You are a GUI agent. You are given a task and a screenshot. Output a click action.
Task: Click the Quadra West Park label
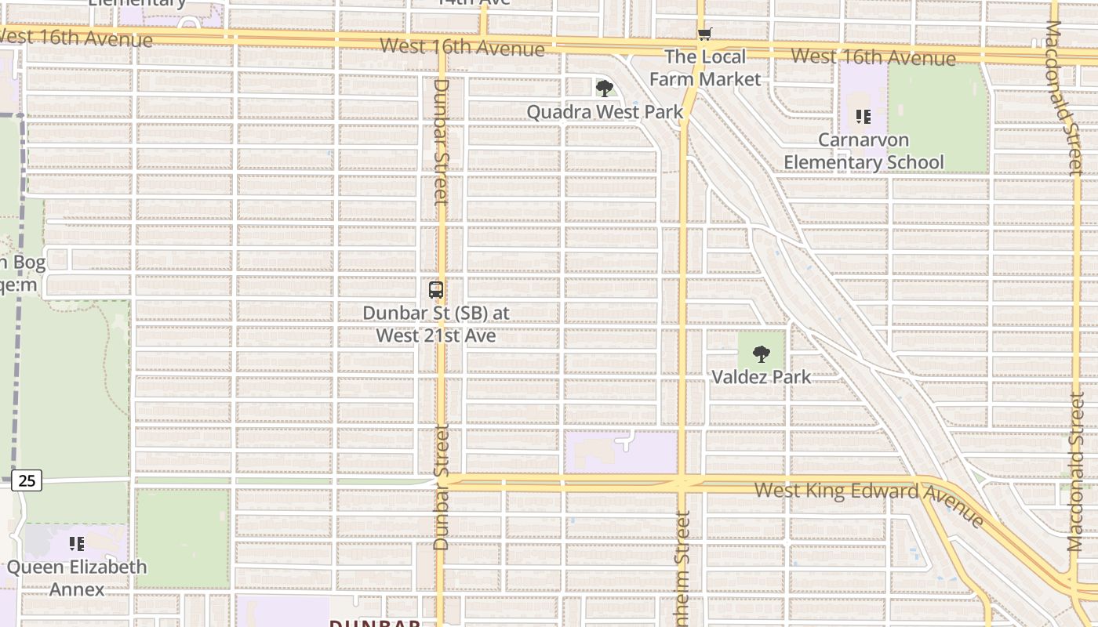point(605,112)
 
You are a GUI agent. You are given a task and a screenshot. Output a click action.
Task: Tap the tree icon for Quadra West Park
point(604,88)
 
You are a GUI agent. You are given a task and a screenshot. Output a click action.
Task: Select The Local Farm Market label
point(705,67)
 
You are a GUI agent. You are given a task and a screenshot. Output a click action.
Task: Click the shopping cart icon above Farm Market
point(705,34)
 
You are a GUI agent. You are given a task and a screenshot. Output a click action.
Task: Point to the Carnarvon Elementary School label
point(863,151)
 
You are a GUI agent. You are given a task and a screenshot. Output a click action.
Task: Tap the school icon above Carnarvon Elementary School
point(863,118)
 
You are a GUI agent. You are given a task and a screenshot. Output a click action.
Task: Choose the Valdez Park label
point(761,377)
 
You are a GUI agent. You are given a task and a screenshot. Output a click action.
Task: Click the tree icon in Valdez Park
point(761,353)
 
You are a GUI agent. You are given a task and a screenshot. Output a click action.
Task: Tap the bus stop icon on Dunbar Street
point(436,290)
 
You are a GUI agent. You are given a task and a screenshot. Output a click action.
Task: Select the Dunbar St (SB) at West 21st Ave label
point(436,324)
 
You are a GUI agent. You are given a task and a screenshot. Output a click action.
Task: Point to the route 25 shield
point(27,480)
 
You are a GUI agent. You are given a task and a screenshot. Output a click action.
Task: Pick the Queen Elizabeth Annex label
point(77,578)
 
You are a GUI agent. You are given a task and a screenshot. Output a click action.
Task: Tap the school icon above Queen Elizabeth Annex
point(77,543)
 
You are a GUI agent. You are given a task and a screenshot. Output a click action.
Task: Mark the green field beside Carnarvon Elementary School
point(937,118)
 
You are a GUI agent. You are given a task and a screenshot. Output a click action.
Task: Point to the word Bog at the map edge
point(28,263)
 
